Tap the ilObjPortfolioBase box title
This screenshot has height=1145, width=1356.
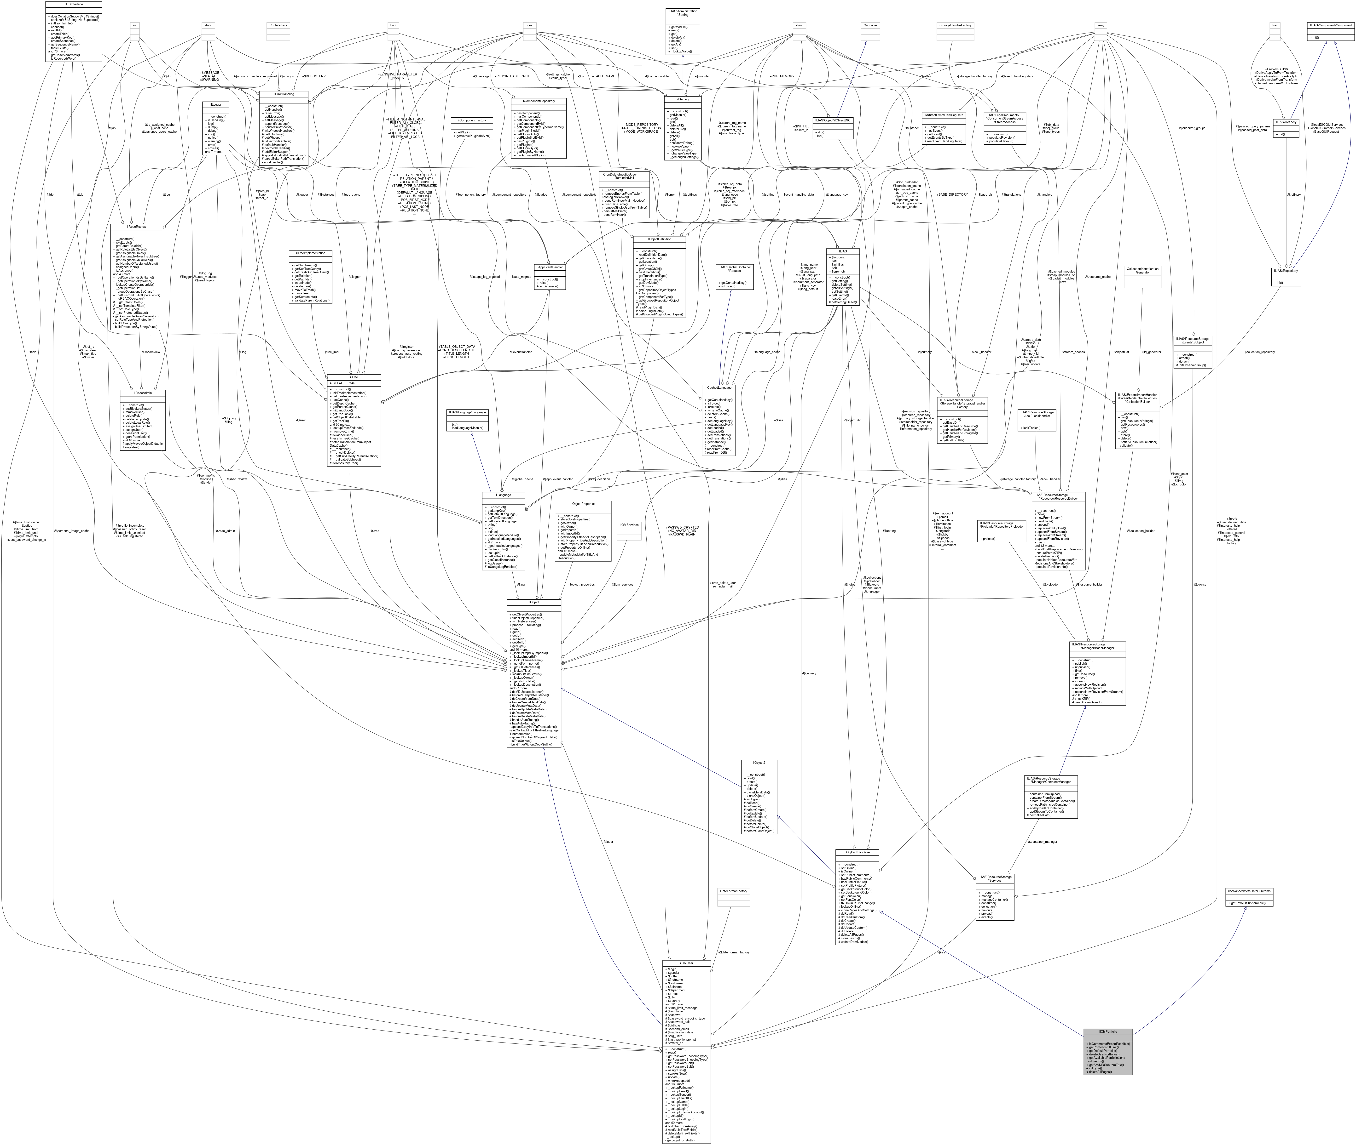(857, 852)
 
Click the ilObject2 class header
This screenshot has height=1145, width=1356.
(759, 763)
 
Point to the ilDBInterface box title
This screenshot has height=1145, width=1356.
(73, 4)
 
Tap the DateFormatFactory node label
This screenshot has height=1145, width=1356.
(730, 891)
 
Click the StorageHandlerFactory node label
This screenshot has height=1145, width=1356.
(955, 25)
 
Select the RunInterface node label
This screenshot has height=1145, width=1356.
(278, 25)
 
